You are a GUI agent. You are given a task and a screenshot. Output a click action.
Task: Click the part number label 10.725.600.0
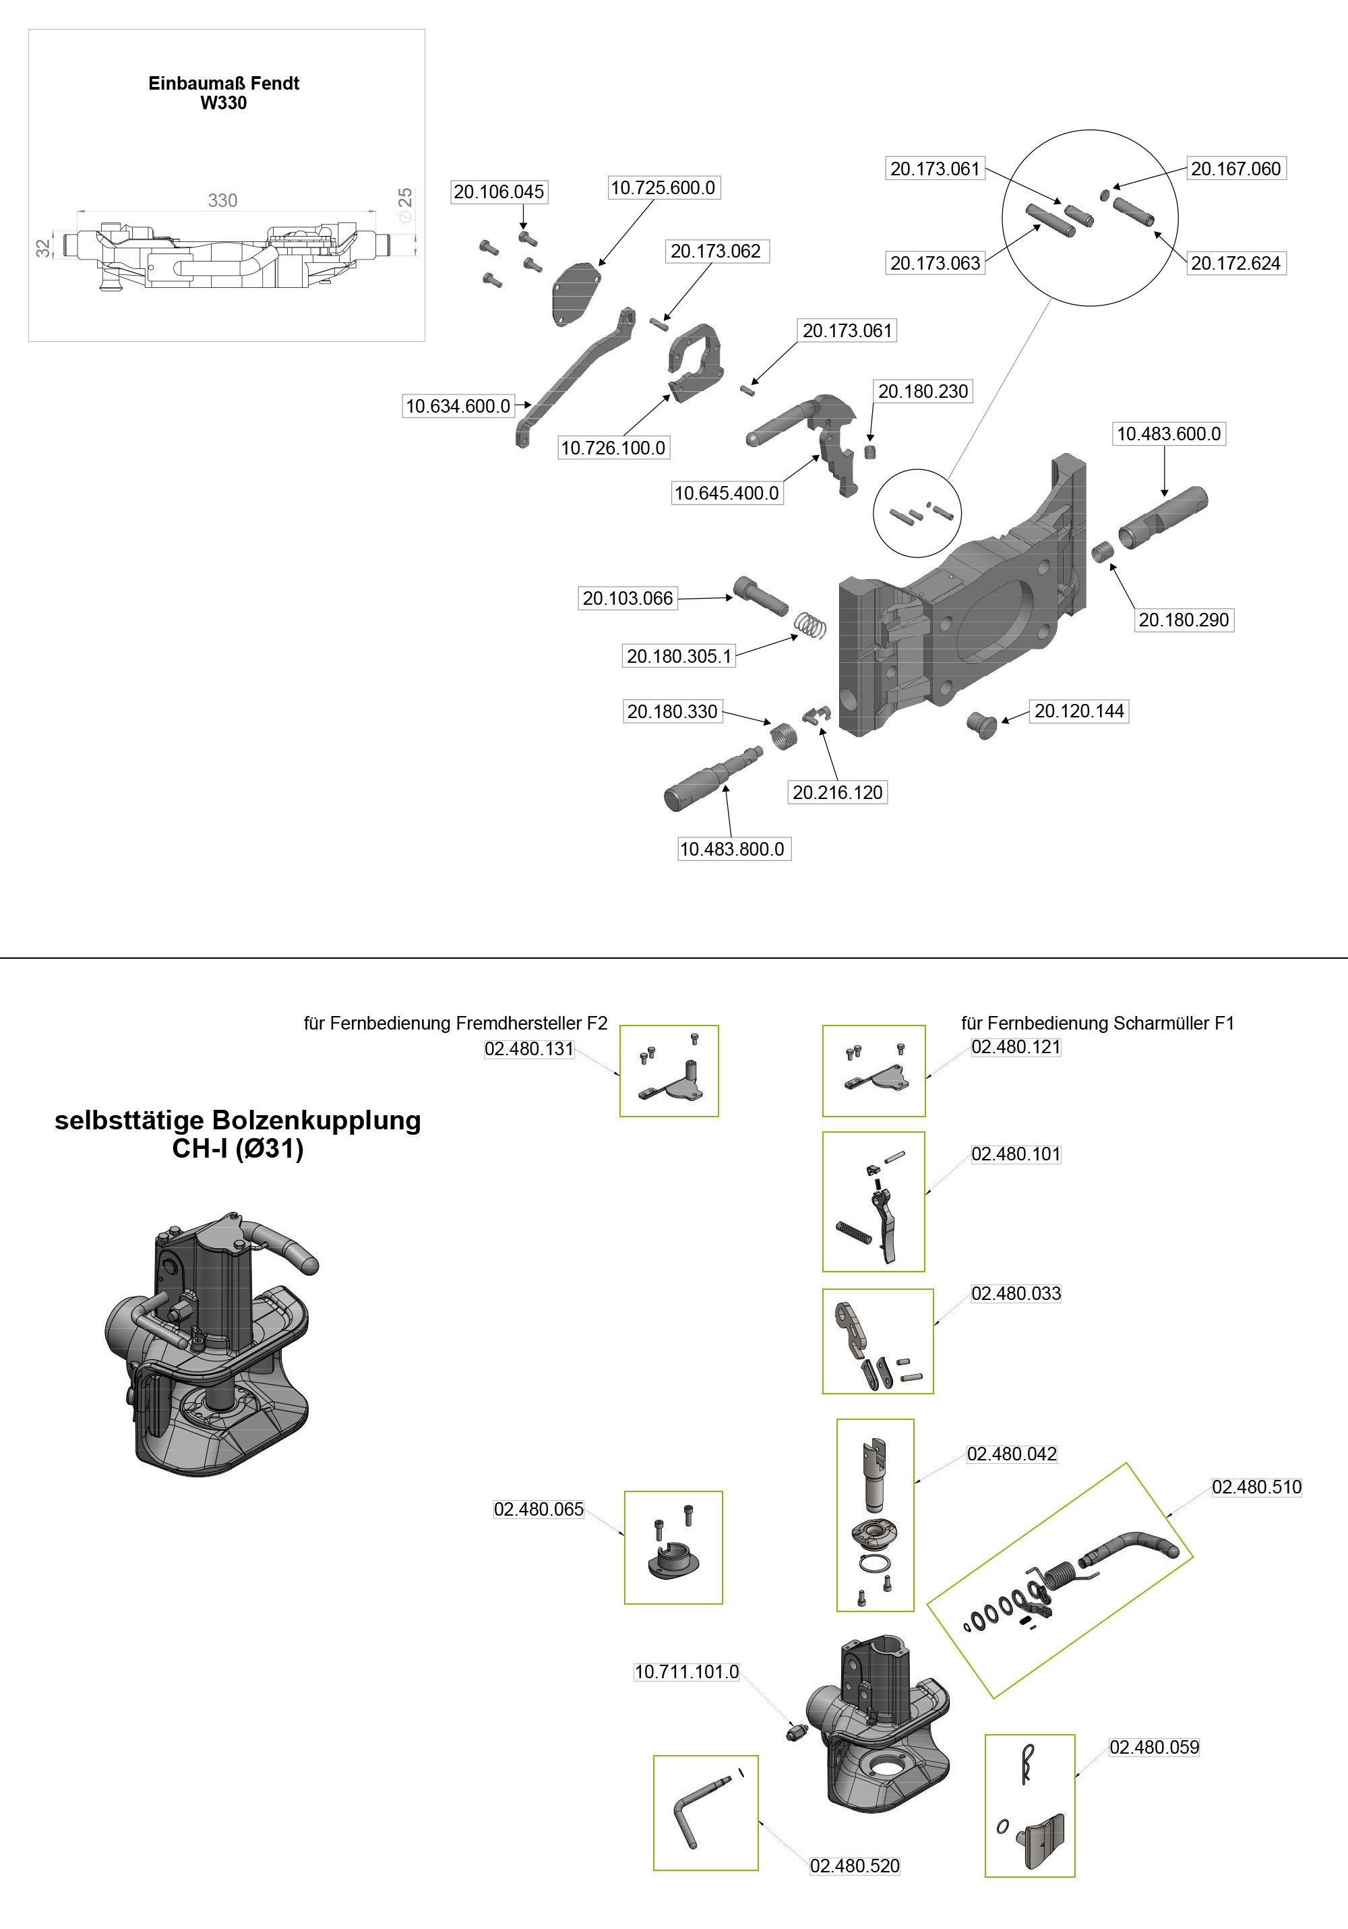[663, 187]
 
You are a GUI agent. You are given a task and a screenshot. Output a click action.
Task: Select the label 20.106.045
[499, 191]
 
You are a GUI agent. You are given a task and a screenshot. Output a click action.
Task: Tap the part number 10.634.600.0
[458, 407]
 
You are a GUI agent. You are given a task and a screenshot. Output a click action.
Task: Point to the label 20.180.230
[923, 392]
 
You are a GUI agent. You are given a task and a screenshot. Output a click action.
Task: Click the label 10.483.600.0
[1168, 434]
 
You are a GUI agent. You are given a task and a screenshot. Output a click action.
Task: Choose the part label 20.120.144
[1078, 711]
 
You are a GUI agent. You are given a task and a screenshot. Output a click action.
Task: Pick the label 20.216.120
[837, 792]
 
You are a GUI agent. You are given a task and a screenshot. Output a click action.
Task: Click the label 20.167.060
[1235, 169]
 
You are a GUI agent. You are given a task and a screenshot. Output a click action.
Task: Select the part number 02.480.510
[1256, 1487]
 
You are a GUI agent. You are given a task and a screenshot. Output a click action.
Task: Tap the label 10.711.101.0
[686, 1672]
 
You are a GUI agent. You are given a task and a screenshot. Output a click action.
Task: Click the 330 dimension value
[222, 201]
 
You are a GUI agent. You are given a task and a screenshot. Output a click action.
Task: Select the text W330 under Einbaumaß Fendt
[223, 103]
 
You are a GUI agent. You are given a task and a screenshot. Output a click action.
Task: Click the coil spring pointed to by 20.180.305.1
[809, 625]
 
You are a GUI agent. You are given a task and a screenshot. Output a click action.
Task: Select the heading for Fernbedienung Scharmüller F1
[1097, 1023]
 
